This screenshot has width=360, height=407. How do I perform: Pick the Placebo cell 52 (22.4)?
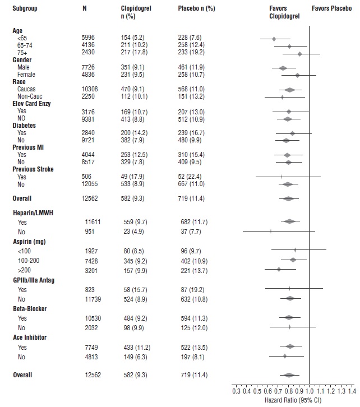[x=190, y=176]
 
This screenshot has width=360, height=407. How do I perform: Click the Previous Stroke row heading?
[x=34, y=169]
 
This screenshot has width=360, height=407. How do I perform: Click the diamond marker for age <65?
[x=274, y=39]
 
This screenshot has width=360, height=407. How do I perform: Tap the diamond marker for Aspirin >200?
[x=279, y=269]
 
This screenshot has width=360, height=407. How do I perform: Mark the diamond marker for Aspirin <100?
[x=295, y=249]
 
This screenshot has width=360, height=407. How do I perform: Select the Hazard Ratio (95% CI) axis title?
[x=294, y=400]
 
